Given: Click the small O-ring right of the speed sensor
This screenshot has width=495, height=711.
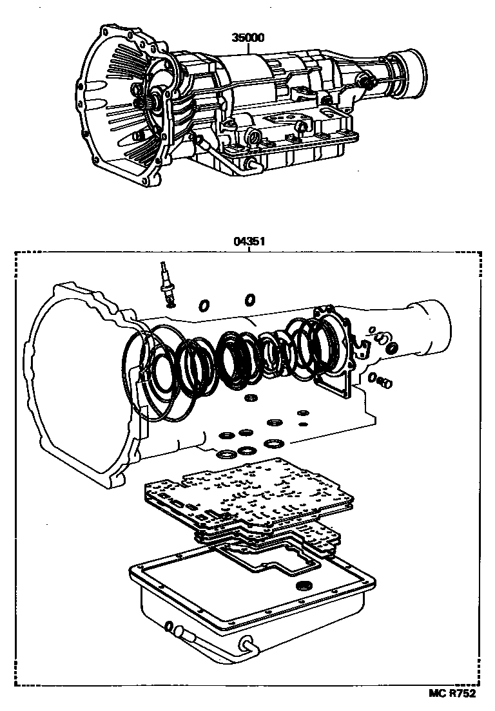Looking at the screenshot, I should (203, 305).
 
